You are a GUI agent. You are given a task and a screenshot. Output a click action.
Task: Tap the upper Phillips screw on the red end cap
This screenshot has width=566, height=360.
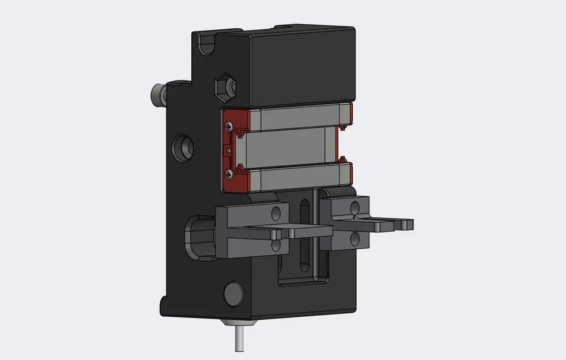point(230,125)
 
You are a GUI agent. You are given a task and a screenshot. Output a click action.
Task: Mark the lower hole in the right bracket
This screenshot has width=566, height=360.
point(356,238)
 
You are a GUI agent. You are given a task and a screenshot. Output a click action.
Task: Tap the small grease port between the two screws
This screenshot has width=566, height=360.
point(229,149)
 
